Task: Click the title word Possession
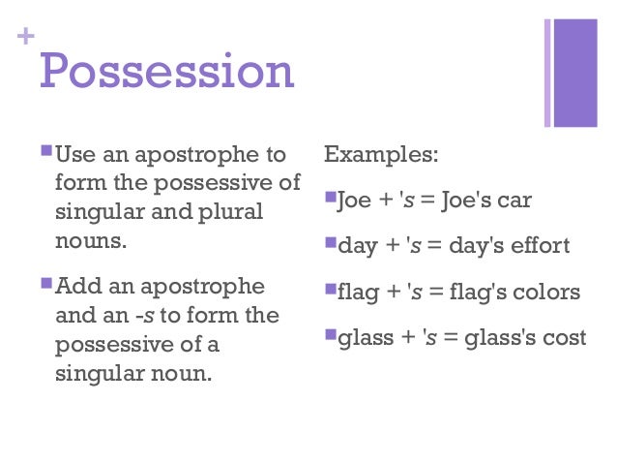pyautogui.click(x=165, y=71)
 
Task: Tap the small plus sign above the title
pyautogui.click(x=26, y=37)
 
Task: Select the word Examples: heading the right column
pyautogui.click(x=380, y=154)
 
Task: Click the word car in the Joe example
pyautogui.click(x=514, y=201)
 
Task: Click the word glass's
pyautogui.click(x=496, y=338)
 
